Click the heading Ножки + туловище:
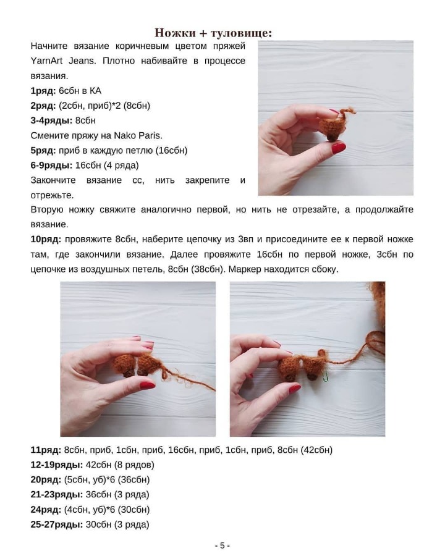click(213, 33)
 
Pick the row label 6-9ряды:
click(51, 165)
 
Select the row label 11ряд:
click(45, 450)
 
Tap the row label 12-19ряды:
click(56, 465)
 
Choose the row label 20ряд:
click(45, 480)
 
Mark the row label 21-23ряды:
click(56, 495)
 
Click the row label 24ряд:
click(45, 510)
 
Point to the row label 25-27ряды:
click(56, 524)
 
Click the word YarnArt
click(48, 61)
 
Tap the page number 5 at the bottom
click(222, 545)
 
